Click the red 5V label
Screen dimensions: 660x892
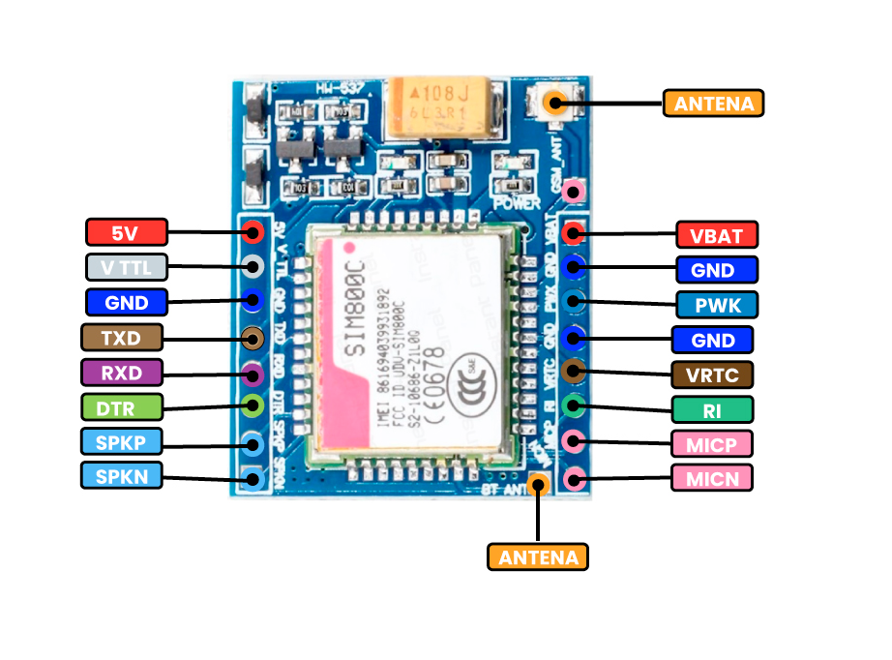[x=127, y=232]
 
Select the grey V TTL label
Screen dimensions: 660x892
[x=127, y=266]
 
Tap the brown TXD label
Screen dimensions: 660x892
[x=122, y=337]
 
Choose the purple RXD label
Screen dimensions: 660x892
[x=122, y=372]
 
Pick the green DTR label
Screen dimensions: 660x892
[x=122, y=406]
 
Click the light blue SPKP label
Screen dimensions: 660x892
[x=122, y=441]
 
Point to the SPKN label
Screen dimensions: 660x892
[x=122, y=475]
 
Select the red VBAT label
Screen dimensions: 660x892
[x=717, y=234]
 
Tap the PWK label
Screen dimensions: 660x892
[x=717, y=305]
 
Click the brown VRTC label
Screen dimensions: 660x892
[x=712, y=375]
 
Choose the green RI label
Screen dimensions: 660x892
[x=712, y=409]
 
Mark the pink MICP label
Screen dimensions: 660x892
[x=712, y=444]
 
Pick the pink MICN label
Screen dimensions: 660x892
[x=712, y=478]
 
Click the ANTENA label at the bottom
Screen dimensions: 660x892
[x=538, y=556]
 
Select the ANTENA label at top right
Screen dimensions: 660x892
[x=714, y=104]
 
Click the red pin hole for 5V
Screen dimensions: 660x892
[x=253, y=231]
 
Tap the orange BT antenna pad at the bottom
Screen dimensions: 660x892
[x=539, y=481]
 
